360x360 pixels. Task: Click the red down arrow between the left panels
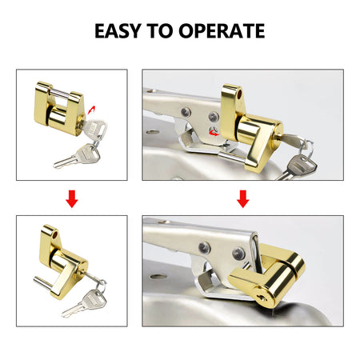72,199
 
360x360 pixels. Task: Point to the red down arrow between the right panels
242,199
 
